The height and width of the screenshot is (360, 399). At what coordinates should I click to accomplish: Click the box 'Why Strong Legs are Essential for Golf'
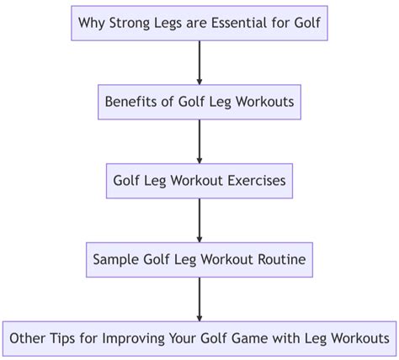point(199,23)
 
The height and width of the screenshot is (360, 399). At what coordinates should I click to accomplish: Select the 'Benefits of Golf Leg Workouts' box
point(199,102)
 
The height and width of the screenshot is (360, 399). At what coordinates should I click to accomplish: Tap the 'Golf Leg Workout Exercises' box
point(199,180)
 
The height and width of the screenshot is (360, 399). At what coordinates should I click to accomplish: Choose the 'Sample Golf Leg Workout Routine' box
point(199,259)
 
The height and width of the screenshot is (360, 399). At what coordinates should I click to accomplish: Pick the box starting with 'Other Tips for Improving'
point(199,338)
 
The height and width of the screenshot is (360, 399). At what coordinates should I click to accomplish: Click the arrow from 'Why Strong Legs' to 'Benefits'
point(199,62)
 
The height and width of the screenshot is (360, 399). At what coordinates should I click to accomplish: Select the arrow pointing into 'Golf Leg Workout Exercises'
point(199,141)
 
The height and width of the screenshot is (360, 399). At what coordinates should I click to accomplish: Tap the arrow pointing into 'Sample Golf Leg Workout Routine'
point(199,220)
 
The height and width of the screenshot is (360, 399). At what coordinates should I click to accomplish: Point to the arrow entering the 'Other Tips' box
point(199,299)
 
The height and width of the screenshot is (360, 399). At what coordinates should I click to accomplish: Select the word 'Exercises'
point(255,180)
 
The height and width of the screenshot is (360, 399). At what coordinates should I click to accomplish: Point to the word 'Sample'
point(116,259)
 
